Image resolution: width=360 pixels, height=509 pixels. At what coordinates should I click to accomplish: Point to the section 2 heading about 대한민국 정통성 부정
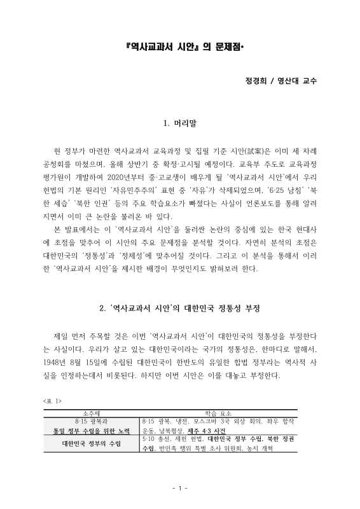(x=180, y=309)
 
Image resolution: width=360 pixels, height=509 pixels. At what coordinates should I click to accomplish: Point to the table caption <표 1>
(x=51, y=401)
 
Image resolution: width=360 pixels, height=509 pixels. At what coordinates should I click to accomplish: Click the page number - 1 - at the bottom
(x=179, y=488)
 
